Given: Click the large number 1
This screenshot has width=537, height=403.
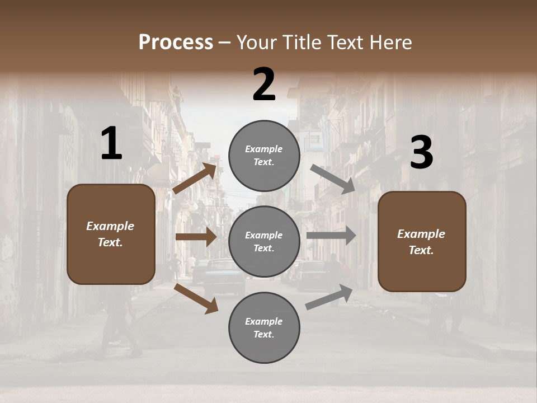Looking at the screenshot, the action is [x=111, y=144].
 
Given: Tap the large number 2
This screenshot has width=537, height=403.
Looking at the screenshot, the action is [x=264, y=85].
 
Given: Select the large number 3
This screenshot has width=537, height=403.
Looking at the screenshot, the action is [x=421, y=153].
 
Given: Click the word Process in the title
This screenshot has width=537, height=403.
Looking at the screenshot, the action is [x=176, y=42].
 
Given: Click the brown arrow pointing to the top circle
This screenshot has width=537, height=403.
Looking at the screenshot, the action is [x=195, y=179].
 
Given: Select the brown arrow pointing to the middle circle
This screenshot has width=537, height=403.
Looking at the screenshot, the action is [x=196, y=237].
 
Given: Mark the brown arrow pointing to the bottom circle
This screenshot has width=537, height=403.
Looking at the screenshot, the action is [x=196, y=298].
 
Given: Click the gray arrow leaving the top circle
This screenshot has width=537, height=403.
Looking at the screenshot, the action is [x=333, y=179].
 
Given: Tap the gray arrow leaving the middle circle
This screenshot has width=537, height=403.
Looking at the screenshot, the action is [x=331, y=236].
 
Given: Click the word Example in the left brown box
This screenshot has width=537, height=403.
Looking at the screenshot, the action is [x=110, y=226].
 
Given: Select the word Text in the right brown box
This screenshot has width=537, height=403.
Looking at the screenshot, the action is [x=421, y=250].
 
